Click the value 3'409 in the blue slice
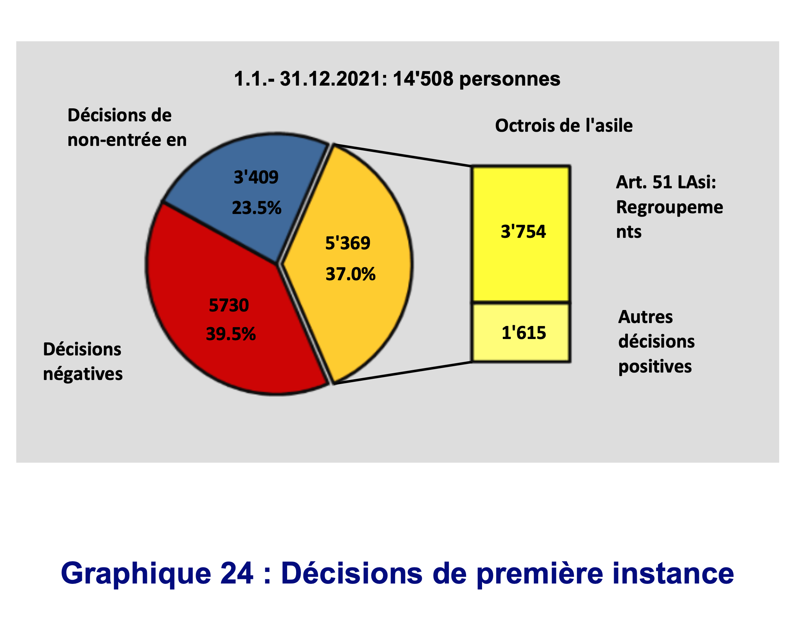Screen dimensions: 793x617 point(256,177)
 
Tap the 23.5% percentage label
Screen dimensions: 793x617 point(257,208)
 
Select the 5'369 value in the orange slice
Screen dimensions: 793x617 point(348,243)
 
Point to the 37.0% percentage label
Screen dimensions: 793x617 point(350,274)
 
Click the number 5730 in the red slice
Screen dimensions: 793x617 point(229,306)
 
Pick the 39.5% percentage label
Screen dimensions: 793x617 point(231,334)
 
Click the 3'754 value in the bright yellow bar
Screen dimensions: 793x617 point(523,231)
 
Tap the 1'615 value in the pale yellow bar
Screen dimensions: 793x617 point(524,333)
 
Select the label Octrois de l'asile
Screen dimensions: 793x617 point(564,125)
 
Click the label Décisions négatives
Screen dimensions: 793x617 point(83,361)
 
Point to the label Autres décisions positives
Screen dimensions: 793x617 point(656,342)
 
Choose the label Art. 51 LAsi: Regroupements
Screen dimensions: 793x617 point(670,207)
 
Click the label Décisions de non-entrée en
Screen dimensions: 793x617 point(127,128)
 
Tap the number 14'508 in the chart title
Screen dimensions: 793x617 point(423,79)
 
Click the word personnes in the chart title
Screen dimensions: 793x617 point(510,80)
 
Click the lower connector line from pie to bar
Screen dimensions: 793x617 point(403,373)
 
